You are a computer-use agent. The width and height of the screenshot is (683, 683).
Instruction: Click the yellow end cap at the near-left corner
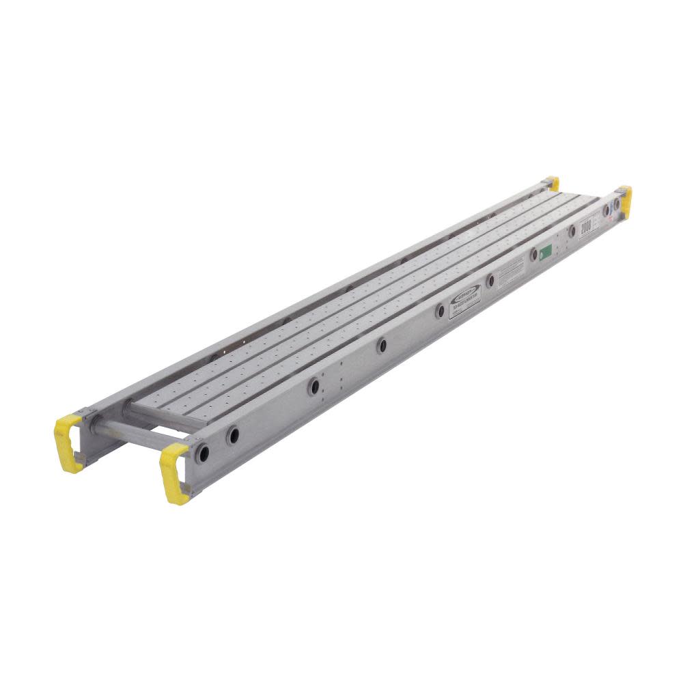pyautogui.click(x=69, y=442)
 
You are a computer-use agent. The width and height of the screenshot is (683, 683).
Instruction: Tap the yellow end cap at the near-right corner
pyautogui.click(x=174, y=471)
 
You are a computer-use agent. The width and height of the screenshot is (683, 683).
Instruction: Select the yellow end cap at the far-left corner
pyautogui.click(x=553, y=182)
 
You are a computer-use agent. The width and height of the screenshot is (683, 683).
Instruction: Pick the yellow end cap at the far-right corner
pyautogui.click(x=624, y=201)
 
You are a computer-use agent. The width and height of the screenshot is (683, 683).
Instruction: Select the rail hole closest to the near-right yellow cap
pyautogui.click(x=203, y=452)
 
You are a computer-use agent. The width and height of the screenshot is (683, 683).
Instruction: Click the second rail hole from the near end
pyautogui.click(x=233, y=434)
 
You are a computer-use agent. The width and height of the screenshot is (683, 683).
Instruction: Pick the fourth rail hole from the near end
pyautogui.click(x=381, y=345)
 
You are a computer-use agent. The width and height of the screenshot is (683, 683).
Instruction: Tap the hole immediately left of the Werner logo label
pyautogui.click(x=441, y=311)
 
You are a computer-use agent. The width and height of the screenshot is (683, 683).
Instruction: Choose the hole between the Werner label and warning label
pyautogui.click(x=490, y=281)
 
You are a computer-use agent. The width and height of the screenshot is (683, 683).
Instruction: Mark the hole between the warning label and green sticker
pyautogui.click(x=533, y=255)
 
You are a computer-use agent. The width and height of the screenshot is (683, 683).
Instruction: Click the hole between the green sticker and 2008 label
pyautogui.click(x=572, y=232)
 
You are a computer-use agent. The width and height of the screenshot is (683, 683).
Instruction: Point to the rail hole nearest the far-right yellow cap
pyautogui.click(x=617, y=204)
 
